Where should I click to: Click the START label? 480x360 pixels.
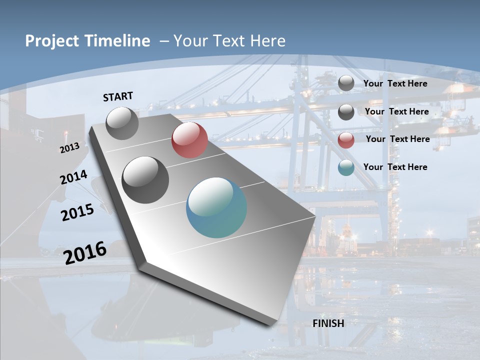(x=118, y=96)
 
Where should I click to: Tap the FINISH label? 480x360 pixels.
(x=328, y=323)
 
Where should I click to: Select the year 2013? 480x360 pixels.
(x=69, y=147)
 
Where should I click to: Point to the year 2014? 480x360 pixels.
(x=73, y=177)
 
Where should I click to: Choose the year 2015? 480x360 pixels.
(x=77, y=212)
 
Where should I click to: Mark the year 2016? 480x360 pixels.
(x=85, y=252)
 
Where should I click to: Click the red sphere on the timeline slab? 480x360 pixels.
(x=189, y=140)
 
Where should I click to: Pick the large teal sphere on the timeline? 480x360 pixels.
(x=216, y=207)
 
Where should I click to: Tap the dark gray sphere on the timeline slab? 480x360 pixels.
(x=145, y=180)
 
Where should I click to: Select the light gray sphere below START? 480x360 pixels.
(x=122, y=123)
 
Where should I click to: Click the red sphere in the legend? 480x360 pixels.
(x=346, y=140)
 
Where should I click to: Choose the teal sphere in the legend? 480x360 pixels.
(x=346, y=167)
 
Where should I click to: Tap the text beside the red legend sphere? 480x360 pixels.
(x=397, y=139)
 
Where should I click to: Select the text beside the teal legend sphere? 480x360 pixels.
(x=395, y=167)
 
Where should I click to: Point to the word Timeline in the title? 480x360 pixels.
(x=120, y=41)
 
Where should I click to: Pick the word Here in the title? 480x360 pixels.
(x=267, y=41)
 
